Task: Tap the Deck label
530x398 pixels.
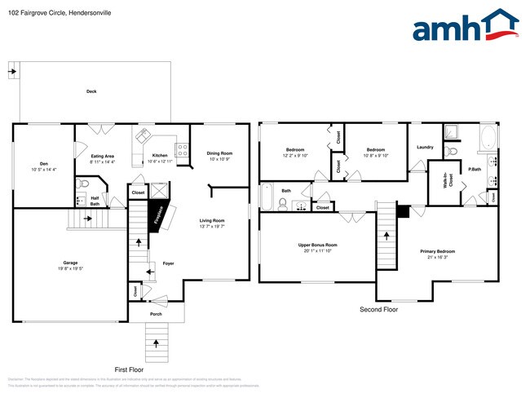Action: point(91,91)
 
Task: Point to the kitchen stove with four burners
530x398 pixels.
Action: point(182,151)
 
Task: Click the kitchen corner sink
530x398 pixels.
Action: point(144,135)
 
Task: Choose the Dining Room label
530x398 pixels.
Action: point(219,153)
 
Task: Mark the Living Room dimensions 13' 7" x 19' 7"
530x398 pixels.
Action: point(212,227)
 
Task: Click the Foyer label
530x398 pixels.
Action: point(168,263)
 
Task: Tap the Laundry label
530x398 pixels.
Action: point(425,147)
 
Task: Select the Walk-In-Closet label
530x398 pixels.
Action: point(447,181)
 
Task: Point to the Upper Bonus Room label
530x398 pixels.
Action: point(319,245)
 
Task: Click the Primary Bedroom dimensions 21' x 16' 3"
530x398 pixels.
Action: point(439,257)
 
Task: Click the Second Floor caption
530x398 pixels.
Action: point(379,310)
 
